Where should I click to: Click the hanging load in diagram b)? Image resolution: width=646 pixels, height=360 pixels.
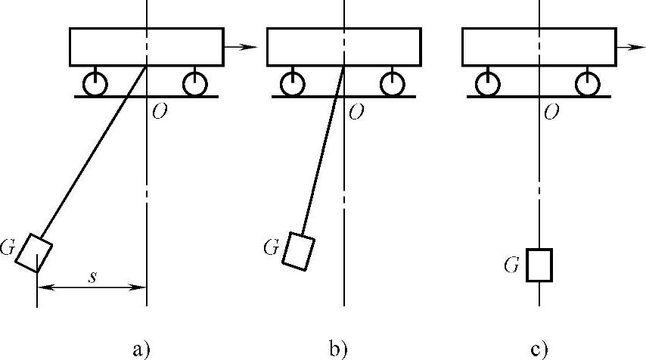tap(298, 250)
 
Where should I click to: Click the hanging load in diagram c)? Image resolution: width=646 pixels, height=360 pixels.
tap(539, 265)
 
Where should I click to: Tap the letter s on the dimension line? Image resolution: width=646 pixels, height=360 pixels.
tap(92, 278)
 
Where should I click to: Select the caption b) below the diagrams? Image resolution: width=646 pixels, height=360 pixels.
tap(337, 349)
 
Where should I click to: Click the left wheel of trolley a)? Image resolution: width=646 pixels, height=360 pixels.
tap(95, 84)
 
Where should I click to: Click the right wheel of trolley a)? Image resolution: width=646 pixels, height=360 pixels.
tap(194, 84)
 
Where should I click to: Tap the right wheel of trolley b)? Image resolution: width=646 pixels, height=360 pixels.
tap(391, 84)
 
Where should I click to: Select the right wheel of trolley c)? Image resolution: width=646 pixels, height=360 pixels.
tap(586, 84)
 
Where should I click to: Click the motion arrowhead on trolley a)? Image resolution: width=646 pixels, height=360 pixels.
tap(252, 47)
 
